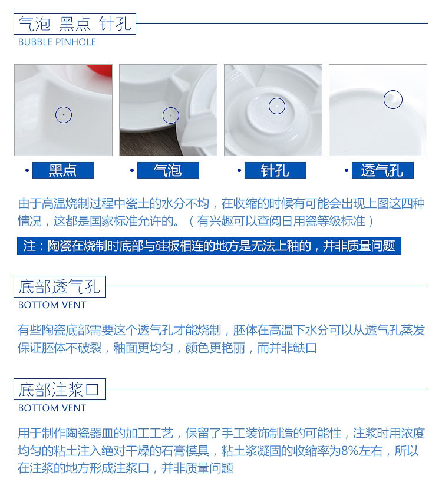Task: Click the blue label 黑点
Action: tap(63, 171)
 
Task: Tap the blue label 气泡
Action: tap(168, 171)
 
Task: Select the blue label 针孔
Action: tap(275, 171)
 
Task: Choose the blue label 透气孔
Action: tap(382, 171)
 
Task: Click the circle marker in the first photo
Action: tap(64, 115)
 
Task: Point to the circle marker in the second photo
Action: tap(170, 115)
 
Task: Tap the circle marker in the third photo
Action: tap(277, 106)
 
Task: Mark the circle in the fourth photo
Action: tap(393, 100)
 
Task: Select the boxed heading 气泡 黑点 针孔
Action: tap(75, 24)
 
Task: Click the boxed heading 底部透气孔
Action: tap(60, 287)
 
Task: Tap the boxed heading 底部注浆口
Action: tap(60, 389)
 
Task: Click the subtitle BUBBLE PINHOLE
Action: tap(57, 42)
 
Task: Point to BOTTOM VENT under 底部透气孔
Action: tap(52, 305)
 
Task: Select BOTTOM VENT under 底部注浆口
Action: tap(52, 408)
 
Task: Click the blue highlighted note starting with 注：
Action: tap(209, 246)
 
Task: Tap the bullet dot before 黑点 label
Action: tap(27, 171)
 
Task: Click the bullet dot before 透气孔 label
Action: tap(347, 171)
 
